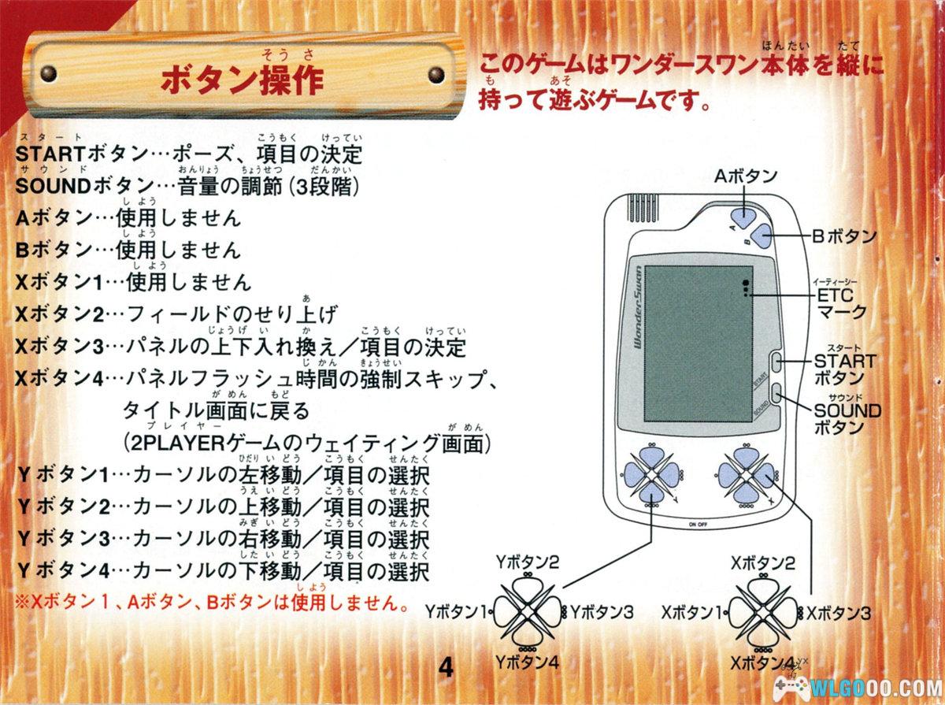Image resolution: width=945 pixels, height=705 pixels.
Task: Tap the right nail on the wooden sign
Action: click(435, 75)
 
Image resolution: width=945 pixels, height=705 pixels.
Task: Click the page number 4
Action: click(447, 668)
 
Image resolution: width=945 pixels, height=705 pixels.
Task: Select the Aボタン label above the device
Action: click(745, 175)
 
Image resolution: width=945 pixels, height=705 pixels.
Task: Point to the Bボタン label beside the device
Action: click(845, 235)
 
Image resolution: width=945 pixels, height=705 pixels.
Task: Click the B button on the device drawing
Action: click(762, 234)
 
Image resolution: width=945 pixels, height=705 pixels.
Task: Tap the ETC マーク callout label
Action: click(840, 302)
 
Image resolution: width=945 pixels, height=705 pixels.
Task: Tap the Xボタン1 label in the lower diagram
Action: click(691, 611)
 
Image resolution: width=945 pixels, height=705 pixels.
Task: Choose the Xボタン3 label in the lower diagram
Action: click(838, 611)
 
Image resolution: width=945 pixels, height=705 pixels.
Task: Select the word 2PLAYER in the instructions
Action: click(182, 443)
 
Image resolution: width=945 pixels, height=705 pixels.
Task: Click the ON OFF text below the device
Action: click(698, 524)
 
